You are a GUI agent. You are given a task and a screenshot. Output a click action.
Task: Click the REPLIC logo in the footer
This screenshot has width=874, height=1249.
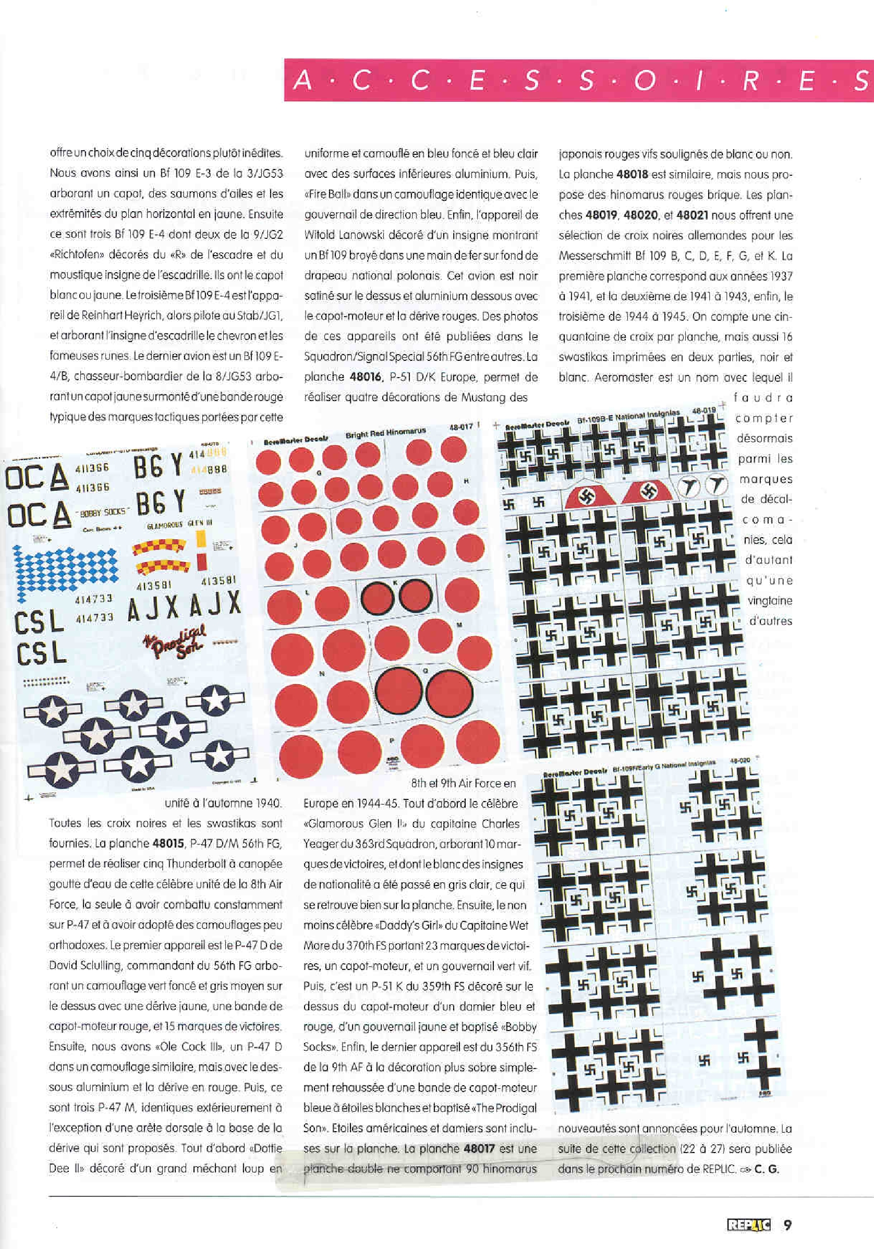[748, 1224]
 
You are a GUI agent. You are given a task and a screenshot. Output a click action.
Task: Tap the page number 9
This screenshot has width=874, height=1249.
[787, 1224]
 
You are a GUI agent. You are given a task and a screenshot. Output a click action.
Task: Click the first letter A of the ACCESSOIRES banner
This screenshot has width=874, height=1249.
[302, 80]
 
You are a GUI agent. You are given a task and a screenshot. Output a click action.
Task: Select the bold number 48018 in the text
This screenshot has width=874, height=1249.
[632, 175]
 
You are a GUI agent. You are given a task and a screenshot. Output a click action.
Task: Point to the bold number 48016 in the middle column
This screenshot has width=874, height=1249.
[365, 377]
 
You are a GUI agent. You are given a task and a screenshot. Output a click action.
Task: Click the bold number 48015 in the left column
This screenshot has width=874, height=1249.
[168, 843]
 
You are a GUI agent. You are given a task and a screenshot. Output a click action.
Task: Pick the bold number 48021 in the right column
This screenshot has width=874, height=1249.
[692, 215]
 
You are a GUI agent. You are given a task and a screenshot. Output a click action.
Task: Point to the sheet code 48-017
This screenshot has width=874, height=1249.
[460, 427]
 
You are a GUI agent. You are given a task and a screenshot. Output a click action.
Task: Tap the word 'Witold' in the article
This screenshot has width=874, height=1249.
[319, 235]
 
